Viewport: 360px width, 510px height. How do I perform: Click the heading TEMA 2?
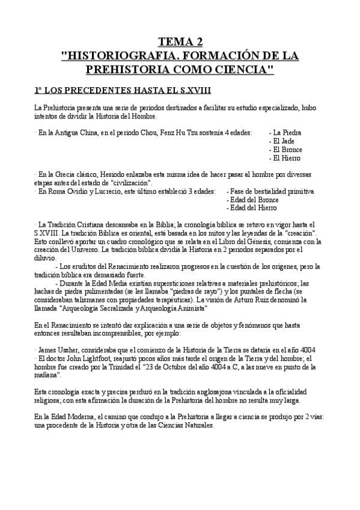pos(180,41)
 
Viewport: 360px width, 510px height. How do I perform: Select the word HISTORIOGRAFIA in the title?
pos(114,55)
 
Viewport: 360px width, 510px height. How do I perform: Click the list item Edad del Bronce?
pos(255,199)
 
